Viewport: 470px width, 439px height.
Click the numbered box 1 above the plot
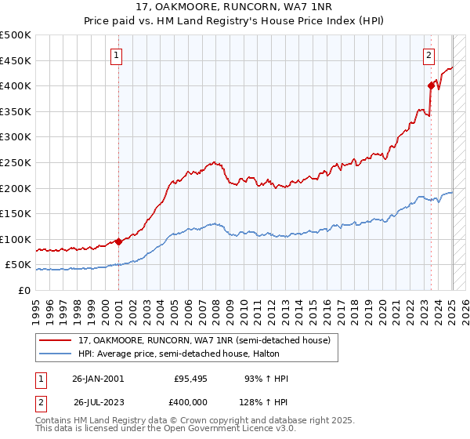click(116, 55)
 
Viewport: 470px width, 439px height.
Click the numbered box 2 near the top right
click(429, 55)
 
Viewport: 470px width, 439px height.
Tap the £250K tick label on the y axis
click(17, 162)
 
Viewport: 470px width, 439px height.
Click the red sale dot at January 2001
click(119, 241)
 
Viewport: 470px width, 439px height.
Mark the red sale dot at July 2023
click(431, 85)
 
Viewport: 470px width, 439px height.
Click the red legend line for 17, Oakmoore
click(56, 339)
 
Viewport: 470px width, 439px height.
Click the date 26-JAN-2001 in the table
click(97, 379)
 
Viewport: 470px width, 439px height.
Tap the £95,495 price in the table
click(188, 379)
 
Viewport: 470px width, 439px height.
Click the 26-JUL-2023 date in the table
click(97, 402)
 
